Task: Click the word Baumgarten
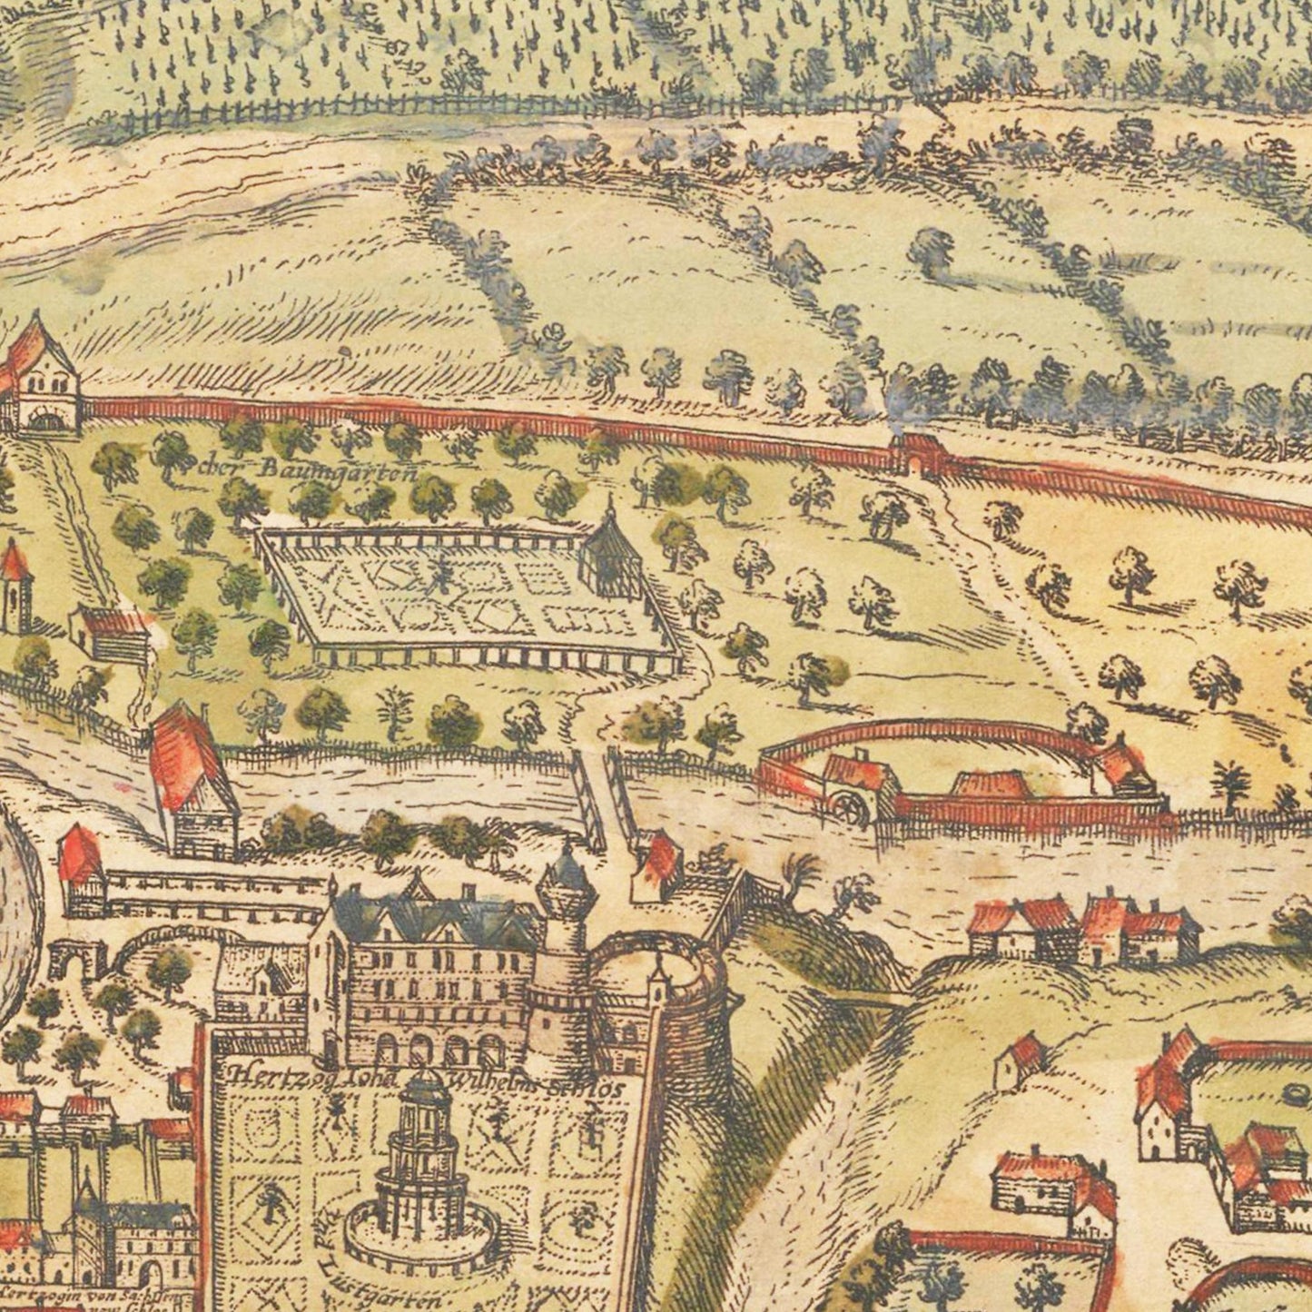click(337, 469)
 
